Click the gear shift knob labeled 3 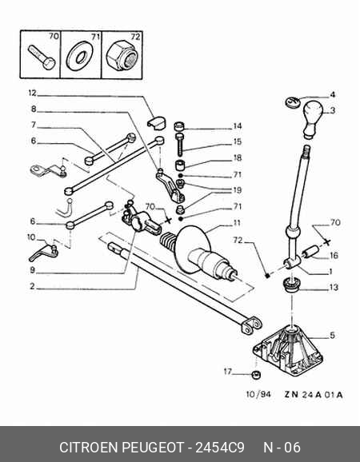coord(313,118)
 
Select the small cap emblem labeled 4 coord(292,102)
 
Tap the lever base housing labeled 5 coord(288,351)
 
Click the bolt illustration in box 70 coord(42,58)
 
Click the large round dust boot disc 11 coord(193,248)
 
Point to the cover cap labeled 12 coord(156,123)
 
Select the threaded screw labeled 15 coord(179,145)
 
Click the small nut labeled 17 coord(256,375)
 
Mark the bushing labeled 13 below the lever coord(292,285)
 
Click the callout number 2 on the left coord(32,286)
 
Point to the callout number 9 coord(32,270)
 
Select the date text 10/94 coord(258,394)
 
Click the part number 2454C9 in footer coord(220,448)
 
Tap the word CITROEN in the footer coord(89,448)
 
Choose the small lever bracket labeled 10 coord(44,253)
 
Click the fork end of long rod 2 coord(251,325)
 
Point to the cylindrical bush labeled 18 coord(180,165)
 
